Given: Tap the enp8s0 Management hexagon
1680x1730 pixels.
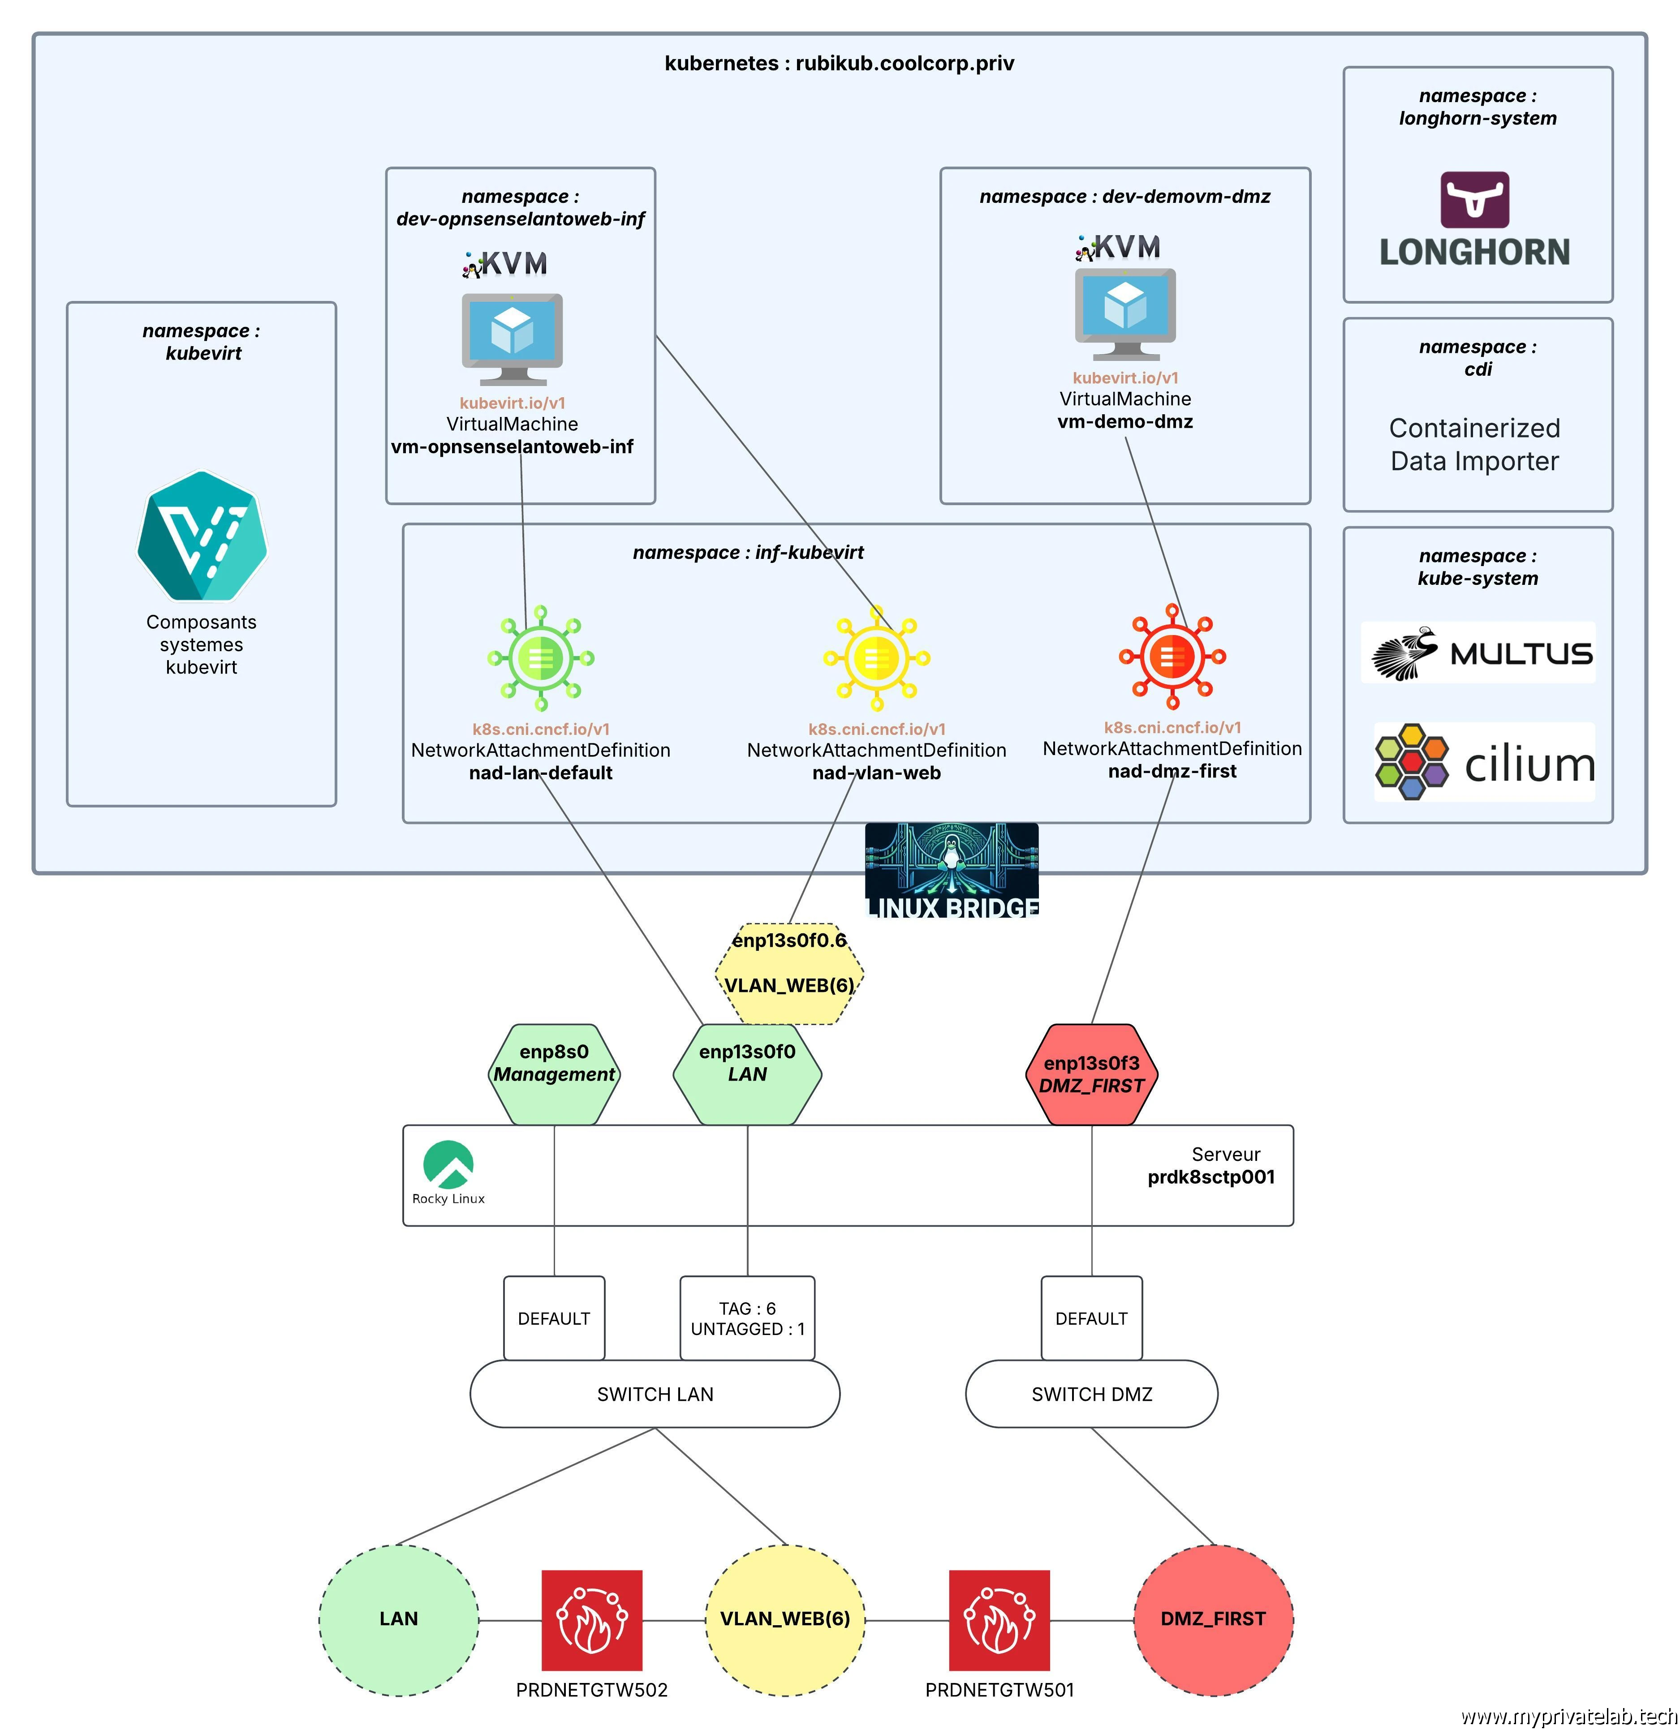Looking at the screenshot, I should click(555, 1074).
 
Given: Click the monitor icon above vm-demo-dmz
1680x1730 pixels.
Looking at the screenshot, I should click(1125, 313).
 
